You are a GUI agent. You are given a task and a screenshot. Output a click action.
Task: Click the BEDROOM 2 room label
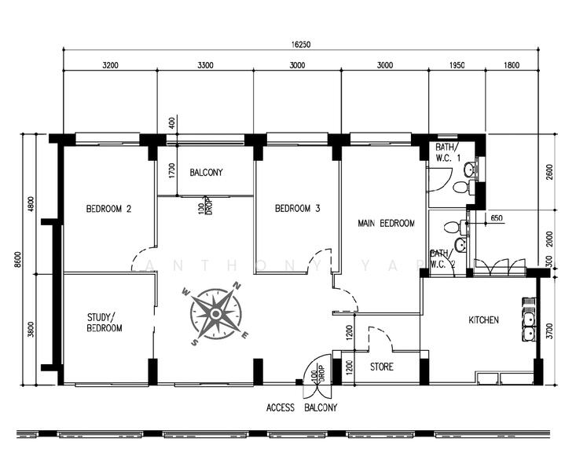click(x=108, y=209)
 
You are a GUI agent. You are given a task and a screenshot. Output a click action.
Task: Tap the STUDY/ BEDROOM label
click(x=104, y=323)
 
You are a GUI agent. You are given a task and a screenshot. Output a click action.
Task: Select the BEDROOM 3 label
click(x=297, y=209)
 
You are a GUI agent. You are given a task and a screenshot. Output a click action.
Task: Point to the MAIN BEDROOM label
click(x=385, y=224)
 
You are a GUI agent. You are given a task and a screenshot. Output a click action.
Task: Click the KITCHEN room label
click(x=483, y=320)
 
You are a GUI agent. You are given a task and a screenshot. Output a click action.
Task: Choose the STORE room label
click(x=381, y=367)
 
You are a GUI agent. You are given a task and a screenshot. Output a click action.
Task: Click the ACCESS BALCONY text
click(x=301, y=407)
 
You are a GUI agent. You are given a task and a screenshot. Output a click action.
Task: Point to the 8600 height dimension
click(x=17, y=259)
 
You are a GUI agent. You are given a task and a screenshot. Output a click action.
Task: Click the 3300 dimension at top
click(x=204, y=66)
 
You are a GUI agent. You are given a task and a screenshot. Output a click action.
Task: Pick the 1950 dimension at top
click(x=457, y=66)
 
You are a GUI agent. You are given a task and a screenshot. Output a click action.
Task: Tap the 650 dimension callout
click(x=496, y=217)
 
